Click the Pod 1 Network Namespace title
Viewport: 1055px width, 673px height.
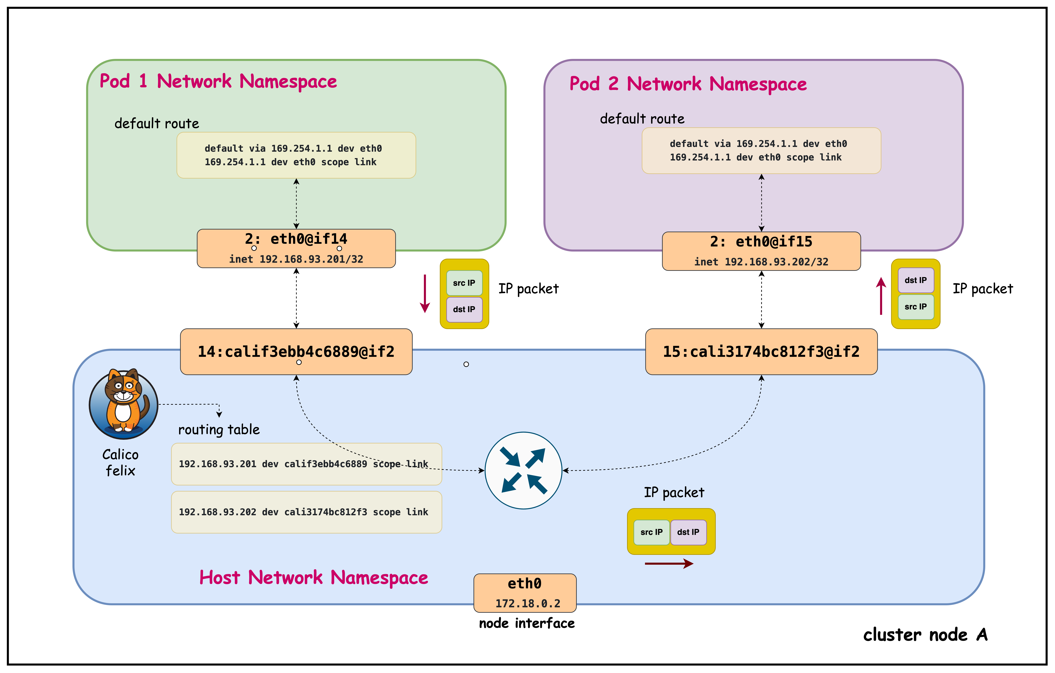point(218,81)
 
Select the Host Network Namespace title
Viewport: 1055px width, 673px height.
point(314,578)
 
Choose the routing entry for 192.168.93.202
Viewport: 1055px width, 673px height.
point(306,512)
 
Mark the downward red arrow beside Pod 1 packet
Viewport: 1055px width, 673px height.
point(425,294)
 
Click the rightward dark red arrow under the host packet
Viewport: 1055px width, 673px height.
point(669,563)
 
